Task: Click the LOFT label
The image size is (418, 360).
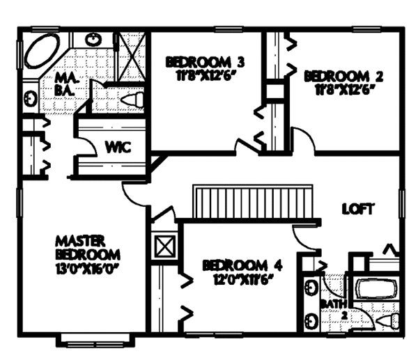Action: [359, 208]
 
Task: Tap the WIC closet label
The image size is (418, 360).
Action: [115, 147]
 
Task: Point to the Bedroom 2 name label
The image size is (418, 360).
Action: [335, 75]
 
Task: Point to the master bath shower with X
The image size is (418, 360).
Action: [130, 51]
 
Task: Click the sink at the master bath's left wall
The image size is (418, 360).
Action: [32, 97]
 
